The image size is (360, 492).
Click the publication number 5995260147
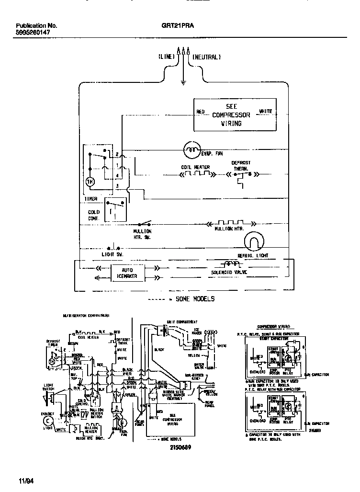click(36, 34)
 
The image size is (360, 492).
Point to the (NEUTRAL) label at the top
click(206, 57)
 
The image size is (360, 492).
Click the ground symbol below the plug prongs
click(183, 83)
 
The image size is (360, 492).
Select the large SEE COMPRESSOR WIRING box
click(234, 115)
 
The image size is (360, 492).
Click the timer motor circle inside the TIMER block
click(90, 182)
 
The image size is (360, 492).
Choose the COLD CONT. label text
click(94, 215)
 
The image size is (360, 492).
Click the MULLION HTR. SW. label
click(142, 234)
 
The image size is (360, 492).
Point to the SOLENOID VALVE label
click(232, 273)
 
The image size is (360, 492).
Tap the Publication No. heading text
click(36, 26)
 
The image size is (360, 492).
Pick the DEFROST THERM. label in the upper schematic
click(241, 166)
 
